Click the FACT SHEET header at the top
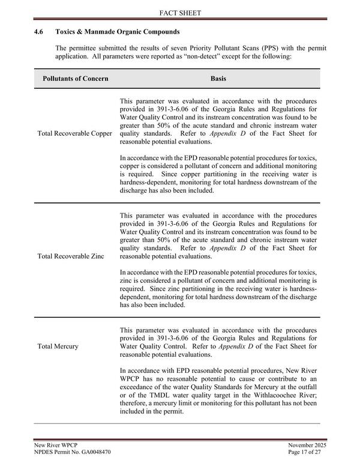coord(180,12)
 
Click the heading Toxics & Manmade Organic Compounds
coord(121,31)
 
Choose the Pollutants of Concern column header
coord(76,79)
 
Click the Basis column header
coord(218,79)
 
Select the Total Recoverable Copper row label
coord(74,133)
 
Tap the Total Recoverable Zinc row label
coord(70,256)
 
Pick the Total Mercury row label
coord(58,346)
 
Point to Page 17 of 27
coord(306,451)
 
